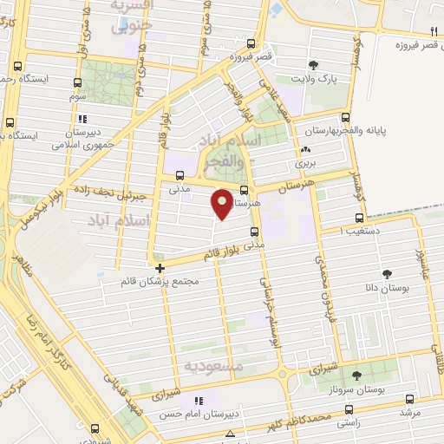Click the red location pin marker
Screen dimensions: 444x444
point(223,203)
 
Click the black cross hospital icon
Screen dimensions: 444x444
point(159,268)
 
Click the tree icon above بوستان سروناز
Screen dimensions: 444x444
point(357,375)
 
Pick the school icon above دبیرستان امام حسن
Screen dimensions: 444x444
point(199,401)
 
